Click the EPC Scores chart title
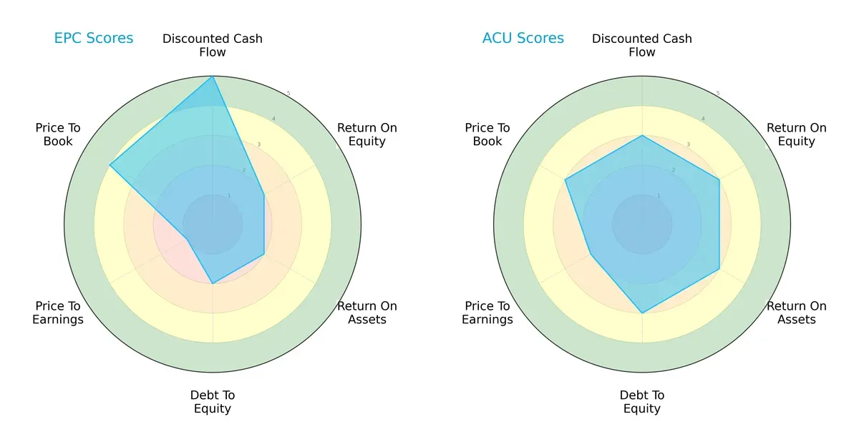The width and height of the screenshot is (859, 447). tap(94, 38)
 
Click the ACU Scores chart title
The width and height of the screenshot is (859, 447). tap(523, 38)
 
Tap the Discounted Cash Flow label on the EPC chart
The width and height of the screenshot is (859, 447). tap(213, 45)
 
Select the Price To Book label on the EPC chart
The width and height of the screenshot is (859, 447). tap(58, 134)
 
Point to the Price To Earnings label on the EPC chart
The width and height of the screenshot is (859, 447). tap(58, 313)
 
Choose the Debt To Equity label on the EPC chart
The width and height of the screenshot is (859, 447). tap(213, 402)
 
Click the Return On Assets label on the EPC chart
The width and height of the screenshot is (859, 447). tap(367, 313)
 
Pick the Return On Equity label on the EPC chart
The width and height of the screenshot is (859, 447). tap(367, 134)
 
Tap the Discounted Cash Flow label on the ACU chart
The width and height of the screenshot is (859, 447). tap(642, 45)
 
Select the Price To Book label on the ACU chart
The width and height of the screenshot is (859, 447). tap(487, 134)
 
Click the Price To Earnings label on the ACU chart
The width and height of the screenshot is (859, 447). tap(487, 313)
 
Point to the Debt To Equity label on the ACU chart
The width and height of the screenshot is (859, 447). tap(642, 402)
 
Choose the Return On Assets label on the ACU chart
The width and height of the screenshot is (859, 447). tap(797, 313)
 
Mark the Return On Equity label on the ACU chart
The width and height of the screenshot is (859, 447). tap(797, 134)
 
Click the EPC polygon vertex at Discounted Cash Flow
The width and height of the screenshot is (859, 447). tap(213, 77)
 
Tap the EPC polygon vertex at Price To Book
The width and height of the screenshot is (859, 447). tap(110, 165)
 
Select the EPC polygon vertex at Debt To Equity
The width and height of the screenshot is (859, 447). tap(213, 284)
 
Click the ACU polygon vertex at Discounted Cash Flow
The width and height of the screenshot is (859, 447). tap(642, 135)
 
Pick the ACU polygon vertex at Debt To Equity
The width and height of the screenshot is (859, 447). tap(642, 313)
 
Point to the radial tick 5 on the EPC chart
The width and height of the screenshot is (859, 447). tap(288, 94)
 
